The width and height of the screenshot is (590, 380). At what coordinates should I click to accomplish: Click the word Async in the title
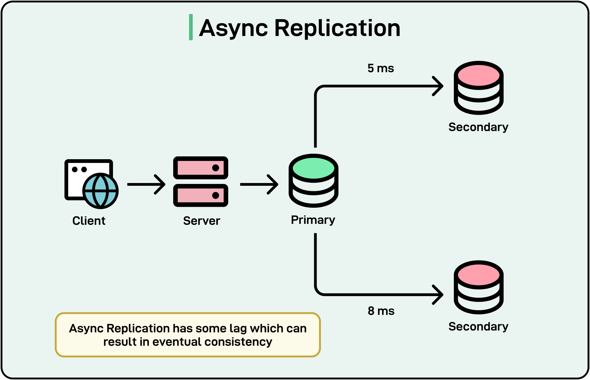pyautogui.click(x=234, y=28)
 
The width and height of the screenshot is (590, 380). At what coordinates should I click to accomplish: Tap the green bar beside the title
pyautogui.click(x=191, y=27)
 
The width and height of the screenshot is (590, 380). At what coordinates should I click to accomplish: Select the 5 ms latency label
pyautogui.click(x=381, y=68)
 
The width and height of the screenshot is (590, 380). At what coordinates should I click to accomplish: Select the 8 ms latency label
pyautogui.click(x=381, y=311)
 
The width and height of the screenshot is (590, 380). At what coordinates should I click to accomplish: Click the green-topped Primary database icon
pyautogui.click(x=313, y=181)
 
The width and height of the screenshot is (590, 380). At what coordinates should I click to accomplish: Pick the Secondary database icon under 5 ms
pyautogui.click(x=478, y=88)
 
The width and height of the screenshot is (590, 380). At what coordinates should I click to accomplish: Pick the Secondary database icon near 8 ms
pyautogui.click(x=478, y=287)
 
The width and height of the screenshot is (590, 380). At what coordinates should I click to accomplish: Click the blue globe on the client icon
pyautogui.click(x=100, y=191)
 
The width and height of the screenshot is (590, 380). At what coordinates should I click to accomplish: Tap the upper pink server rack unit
pyautogui.click(x=201, y=168)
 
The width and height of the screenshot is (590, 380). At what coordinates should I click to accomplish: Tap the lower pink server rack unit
pyautogui.click(x=201, y=195)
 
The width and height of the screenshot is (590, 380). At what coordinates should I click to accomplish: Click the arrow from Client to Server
pyautogui.click(x=146, y=184)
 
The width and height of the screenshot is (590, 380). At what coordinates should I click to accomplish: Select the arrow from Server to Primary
pyautogui.click(x=259, y=184)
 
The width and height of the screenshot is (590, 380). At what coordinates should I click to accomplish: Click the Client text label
pyautogui.click(x=89, y=221)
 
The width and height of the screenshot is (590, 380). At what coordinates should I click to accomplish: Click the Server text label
pyautogui.click(x=201, y=221)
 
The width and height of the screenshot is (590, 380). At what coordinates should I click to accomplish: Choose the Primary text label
pyautogui.click(x=313, y=220)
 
